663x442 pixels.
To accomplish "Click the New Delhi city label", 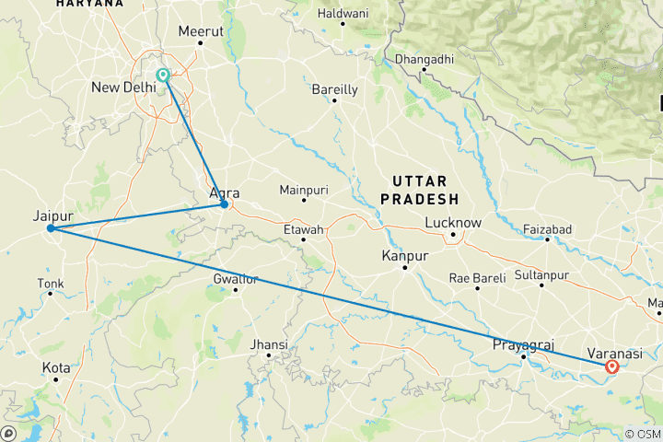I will (x=123, y=87).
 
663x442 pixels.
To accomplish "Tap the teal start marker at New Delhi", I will (x=163, y=76).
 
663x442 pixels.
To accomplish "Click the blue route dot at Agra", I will (x=224, y=204).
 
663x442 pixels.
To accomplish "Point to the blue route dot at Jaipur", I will (x=52, y=228).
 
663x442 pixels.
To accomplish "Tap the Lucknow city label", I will (x=453, y=223).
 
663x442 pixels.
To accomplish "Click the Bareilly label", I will (x=334, y=89).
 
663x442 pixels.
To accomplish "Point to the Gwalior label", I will (x=236, y=279).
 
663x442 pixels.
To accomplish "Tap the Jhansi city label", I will (x=270, y=344).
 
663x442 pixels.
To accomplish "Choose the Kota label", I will (x=56, y=367).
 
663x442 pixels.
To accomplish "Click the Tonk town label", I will (x=51, y=283).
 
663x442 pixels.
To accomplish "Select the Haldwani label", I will (x=343, y=14).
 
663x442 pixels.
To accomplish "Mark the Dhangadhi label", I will (x=424, y=60).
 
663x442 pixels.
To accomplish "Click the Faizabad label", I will (x=547, y=228).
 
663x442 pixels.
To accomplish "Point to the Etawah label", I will (x=303, y=229).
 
